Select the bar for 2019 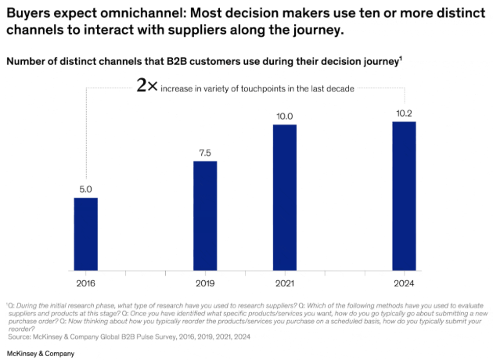click(x=205, y=217)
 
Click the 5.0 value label click(x=86, y=189)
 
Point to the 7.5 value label click(x=205, y=153)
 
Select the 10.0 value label click(x=285, y=117)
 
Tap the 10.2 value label click(x=404, y=113)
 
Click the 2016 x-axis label click(x=86, y=283)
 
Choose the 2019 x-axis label click(x=205, y=283)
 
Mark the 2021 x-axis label click(x=285, y=283)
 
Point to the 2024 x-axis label click(x=404, y=283)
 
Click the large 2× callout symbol click(x=147, y=87)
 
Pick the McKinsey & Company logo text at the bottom click(x=40, y=354)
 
